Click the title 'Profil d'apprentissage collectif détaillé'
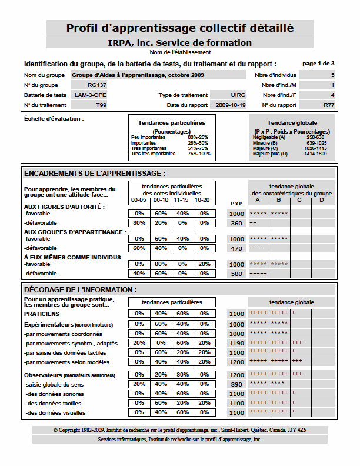point(180,28)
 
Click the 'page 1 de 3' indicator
point(318,63)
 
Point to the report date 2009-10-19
point(231,105)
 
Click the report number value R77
point(329,105)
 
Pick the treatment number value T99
point(101,105)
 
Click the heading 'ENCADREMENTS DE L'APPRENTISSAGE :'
point(95,173)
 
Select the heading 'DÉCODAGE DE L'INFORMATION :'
point(80,289)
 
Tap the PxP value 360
point(236,223)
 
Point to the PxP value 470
point(236,248)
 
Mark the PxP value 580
point(236,274)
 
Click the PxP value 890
point(236,384)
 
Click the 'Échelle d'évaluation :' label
point(54,118)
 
